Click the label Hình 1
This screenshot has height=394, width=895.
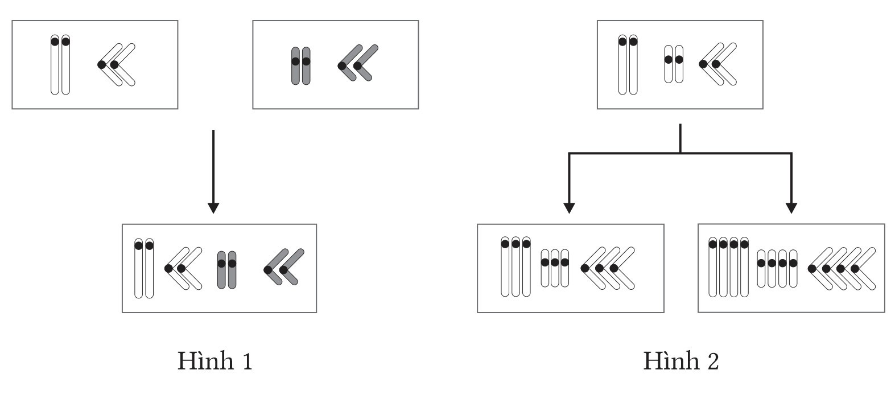215,360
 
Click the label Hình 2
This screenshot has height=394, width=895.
681,360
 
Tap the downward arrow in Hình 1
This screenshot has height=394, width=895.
213,171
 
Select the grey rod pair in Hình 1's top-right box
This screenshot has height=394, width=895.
300,65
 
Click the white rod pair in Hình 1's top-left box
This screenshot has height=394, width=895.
60,64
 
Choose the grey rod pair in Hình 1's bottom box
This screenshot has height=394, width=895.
226,269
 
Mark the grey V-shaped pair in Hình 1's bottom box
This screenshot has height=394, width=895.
284,266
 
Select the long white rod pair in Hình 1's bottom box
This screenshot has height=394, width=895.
144,268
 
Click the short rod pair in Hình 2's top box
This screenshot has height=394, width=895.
674,63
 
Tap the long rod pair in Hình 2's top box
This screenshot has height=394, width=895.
628,64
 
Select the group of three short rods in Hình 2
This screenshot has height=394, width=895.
555,268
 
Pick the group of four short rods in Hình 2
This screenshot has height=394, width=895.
777,268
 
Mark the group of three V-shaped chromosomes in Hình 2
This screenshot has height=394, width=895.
608,268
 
